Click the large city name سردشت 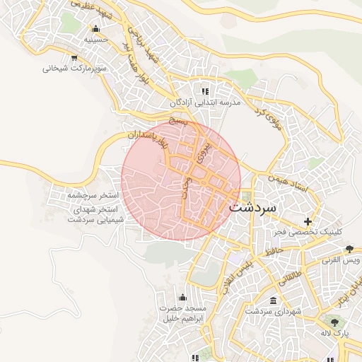[255, 209]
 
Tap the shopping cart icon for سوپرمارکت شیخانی [74, 57]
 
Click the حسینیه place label [95, 40]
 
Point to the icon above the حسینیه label [95, 29]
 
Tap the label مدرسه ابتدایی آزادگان [206, 103]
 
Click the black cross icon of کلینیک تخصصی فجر [307, 221]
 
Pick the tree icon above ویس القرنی [349, 248]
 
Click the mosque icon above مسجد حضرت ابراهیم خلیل [182, 296]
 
